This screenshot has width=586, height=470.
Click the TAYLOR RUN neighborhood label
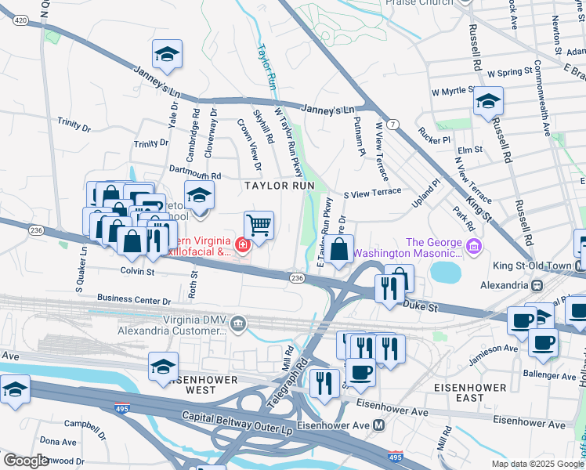click(x=279, y=186)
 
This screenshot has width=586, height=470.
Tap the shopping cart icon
click(x=259, y=226)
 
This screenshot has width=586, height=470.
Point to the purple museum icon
click(x=473, y=248)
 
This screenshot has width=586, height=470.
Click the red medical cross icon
click(x=243, y=246)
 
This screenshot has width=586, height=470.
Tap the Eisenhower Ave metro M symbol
click(x=379, y=425)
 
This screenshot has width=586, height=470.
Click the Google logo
click(x=25, y=460)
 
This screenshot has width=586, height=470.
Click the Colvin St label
click(x=138, y=272)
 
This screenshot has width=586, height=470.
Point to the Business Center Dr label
click(x=134, y=299)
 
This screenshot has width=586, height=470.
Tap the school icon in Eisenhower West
click(x=163, y=365)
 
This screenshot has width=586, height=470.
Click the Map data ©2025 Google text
click(x=536, y=464)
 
